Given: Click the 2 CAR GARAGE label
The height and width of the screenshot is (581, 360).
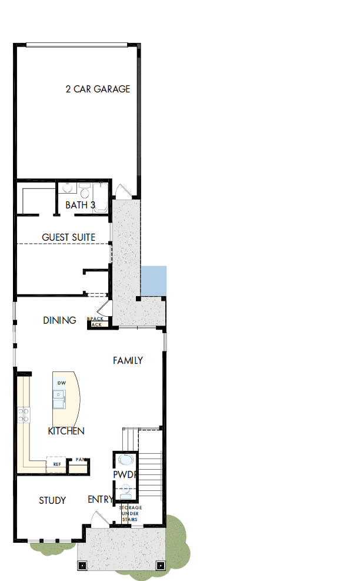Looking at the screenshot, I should tap(98, 89).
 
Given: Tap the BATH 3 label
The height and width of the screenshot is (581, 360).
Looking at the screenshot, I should tap(80, 205).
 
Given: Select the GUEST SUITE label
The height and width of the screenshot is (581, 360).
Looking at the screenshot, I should tap(68, 237).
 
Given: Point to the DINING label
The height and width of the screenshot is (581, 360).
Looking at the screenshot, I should tap(59, 320).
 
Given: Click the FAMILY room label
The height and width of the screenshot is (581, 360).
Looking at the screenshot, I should tap(128, 360).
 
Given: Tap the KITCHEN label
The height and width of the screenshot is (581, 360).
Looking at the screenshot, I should tap(66, 431).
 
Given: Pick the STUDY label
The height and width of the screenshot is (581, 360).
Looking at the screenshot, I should tap(52, 500).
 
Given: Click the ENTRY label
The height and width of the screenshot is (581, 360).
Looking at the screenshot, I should tap(100, 499).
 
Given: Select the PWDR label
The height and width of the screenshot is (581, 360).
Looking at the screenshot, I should tap(125, 474).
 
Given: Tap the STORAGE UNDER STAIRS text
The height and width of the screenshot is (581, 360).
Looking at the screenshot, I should tap(131, 513).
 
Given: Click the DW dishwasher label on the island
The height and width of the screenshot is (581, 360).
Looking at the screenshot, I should tap(61, 383).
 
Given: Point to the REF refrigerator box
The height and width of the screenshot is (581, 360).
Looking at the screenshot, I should tap(56, 464).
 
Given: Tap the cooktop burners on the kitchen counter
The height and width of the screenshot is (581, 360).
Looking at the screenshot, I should tap(24, 415).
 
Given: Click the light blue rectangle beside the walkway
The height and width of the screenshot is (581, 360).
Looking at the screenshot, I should tap(154, 281).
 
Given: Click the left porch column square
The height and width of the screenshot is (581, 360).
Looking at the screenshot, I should tap(82, 565).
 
